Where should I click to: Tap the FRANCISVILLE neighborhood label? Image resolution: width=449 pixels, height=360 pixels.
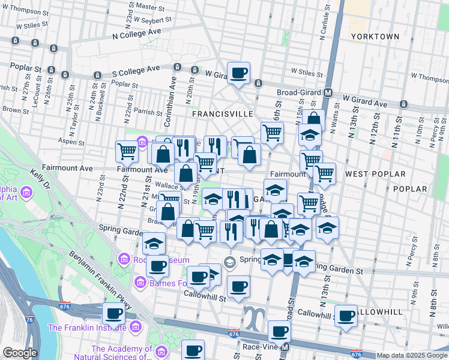coord(217,113)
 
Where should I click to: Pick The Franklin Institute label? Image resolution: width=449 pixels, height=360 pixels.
coord(88,328)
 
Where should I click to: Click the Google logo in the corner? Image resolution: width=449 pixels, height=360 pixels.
coord(20,353)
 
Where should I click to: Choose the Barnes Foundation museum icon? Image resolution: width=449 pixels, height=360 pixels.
coord(140,281)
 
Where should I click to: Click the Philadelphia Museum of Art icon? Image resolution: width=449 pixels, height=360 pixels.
coord(26,193)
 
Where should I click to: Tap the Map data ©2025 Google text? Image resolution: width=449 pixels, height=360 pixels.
coord(412,355)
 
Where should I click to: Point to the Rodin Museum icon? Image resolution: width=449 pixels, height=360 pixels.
coord(124,259)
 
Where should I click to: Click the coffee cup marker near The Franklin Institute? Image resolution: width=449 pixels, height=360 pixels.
coord(113,313)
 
